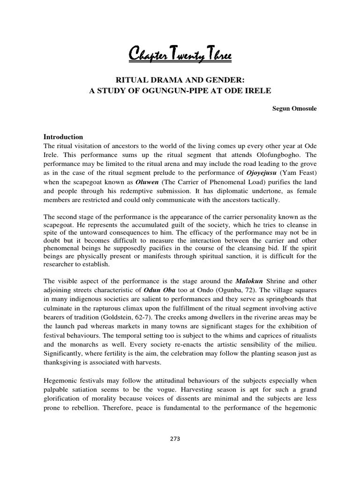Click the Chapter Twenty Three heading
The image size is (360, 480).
(180, 56)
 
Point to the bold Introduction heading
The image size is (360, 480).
(63, 137)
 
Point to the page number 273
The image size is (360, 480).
(180, 439)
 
